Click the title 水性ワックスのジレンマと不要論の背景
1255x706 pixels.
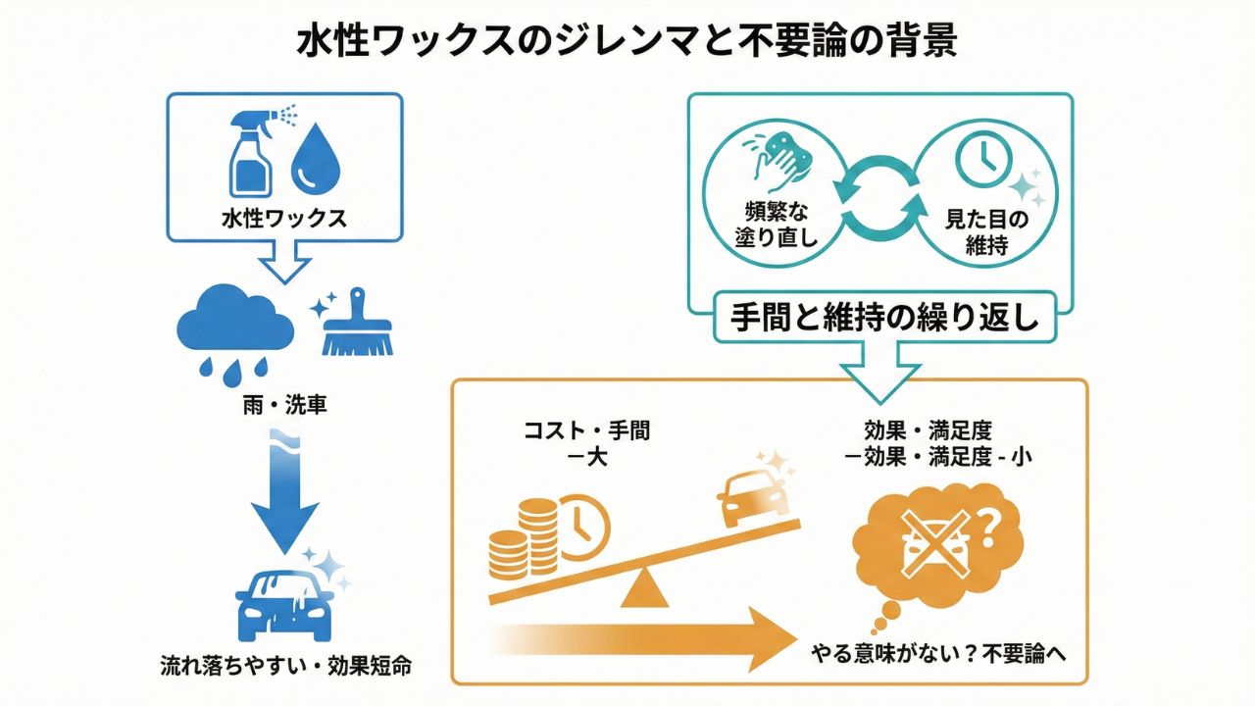coord(627,44)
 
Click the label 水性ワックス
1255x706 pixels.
coord(284,219)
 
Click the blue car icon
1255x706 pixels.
coord(283,601)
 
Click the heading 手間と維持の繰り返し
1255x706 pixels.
coord(885,318)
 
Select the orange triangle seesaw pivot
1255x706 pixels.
coord(644,587)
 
